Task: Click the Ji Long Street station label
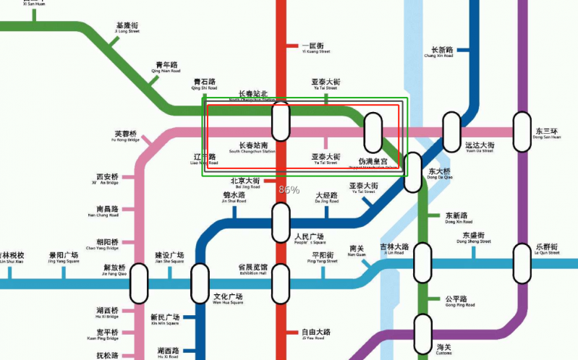(127, 28)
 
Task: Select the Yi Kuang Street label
(315, 48)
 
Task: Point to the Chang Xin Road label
(438, 53)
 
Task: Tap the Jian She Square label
(169, 259)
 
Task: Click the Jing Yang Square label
(64, 259)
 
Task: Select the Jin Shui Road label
(234, 198)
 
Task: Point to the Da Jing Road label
(326, 198)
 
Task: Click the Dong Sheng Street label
(474, 239)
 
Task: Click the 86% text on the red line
(289, 189)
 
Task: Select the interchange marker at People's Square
(280, 223)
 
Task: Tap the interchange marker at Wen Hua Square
(199, 283)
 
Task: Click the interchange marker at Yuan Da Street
(451, 132)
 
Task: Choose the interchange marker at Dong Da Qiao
(412, 173)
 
